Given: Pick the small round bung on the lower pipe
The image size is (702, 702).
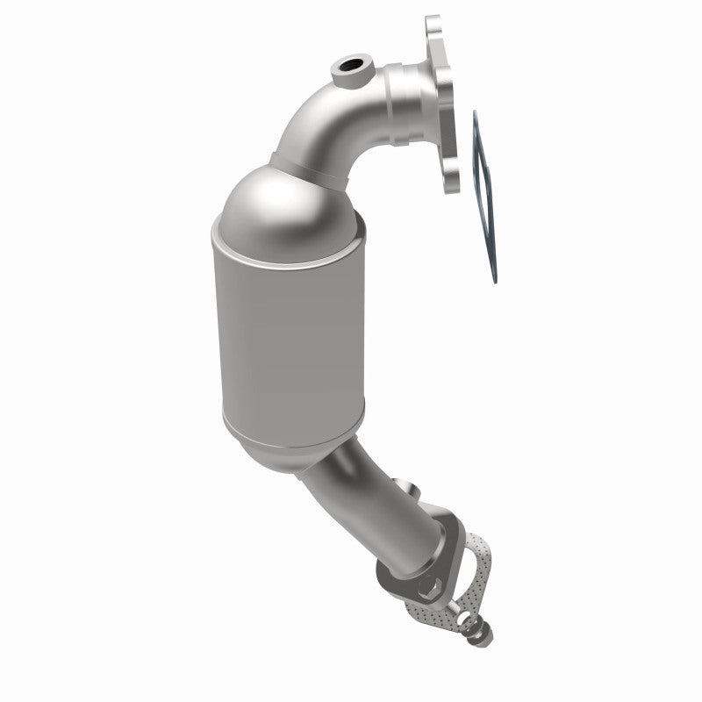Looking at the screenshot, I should click(x=405, y=485).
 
